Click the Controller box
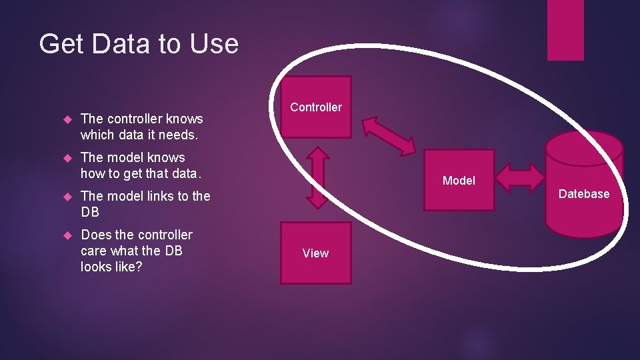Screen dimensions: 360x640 pyautogui.click(x=316, y=107)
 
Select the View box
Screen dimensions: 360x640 pyautogui.click(x=315, y=253)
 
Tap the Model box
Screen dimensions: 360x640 pyautogui.click(x=459, y=180)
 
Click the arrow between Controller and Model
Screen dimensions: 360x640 pyautogui.click(x=389, y=135)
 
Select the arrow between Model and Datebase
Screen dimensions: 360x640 pyautogui.click(x=521, y=177)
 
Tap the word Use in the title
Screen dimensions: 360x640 pyautogui.click(x=213, y=44)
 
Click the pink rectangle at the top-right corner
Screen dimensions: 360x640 pyautogui.click(x=565, y=30)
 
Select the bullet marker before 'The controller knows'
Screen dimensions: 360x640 pyautogui.click(x=66, y=119)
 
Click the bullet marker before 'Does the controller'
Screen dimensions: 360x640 pyautogui.click(x=66, y=235)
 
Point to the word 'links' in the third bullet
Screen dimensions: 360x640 pyautogui.click(x=159, y=196)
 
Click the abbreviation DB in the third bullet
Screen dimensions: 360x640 pyautogui.click(x=90, y=212)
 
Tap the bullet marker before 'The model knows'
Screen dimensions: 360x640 pyautogui.click(x=66, y=158)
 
